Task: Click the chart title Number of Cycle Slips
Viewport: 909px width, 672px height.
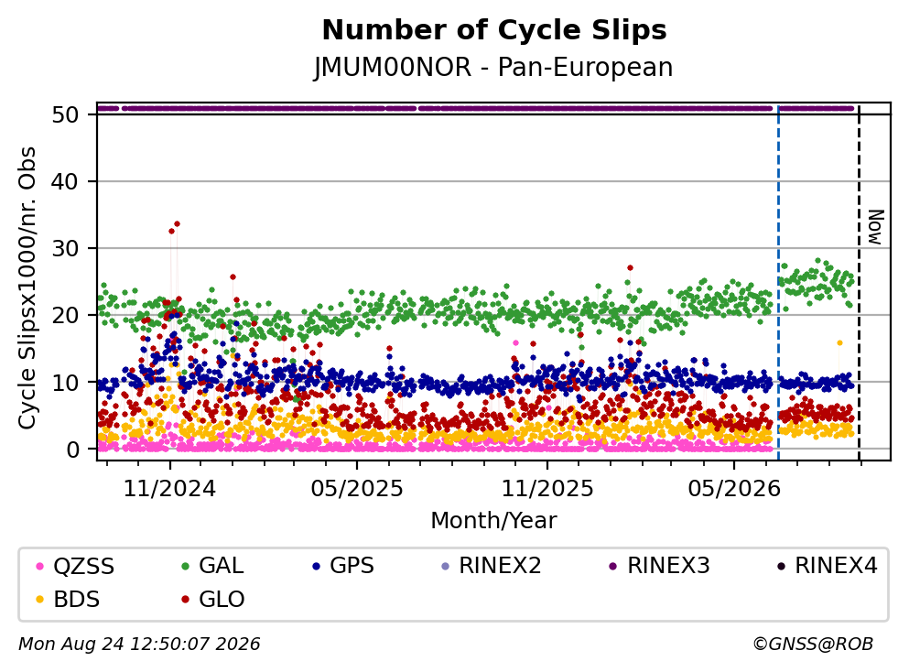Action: tap(494, 30)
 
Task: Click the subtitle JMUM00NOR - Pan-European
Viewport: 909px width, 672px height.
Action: tap(493, 67)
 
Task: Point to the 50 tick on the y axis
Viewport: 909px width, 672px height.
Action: tap(65, 114)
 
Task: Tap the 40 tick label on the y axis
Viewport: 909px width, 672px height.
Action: tap(65, 181)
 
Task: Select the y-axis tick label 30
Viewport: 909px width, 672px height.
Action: tap(65, 248)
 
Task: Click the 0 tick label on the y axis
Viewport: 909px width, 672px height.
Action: tap(72, 449)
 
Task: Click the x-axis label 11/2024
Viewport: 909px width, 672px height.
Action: tap(169, 489)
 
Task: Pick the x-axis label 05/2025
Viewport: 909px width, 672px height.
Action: tap(356, 489)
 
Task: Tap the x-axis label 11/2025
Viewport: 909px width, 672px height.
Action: tap(547, 489)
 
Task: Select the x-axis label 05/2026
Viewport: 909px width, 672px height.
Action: tap(734, 489)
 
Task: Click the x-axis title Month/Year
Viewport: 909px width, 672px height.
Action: tap(493, 520)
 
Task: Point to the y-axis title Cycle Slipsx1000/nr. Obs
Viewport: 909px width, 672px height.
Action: tap(27, 287)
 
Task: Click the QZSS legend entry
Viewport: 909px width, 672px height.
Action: tap(75, 566)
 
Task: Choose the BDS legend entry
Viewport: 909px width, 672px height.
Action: tap(68, 599)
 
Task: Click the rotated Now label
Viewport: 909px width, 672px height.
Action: tap(875, 227)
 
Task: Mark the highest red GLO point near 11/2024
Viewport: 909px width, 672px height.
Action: tap(177, 223)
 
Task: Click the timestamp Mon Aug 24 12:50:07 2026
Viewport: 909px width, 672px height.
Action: tap(139, 644)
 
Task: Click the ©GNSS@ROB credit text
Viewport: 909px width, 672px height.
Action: tap(813, 644)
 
